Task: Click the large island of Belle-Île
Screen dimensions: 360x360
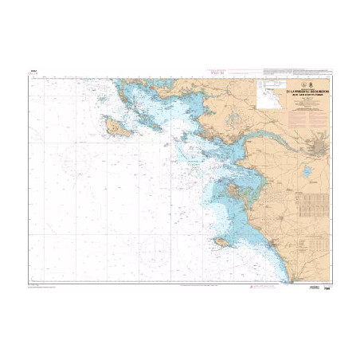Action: coord(115,125)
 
